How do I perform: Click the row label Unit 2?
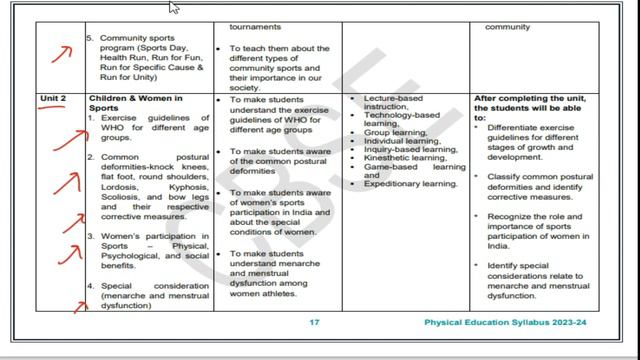tap(53, 98)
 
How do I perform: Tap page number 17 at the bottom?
tap(314, 323)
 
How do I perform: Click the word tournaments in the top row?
tap(253, 27)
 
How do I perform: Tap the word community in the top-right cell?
tap(507, 27)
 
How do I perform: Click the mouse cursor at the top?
tap(174, 8)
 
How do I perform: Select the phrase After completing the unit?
tap(534, 98)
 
